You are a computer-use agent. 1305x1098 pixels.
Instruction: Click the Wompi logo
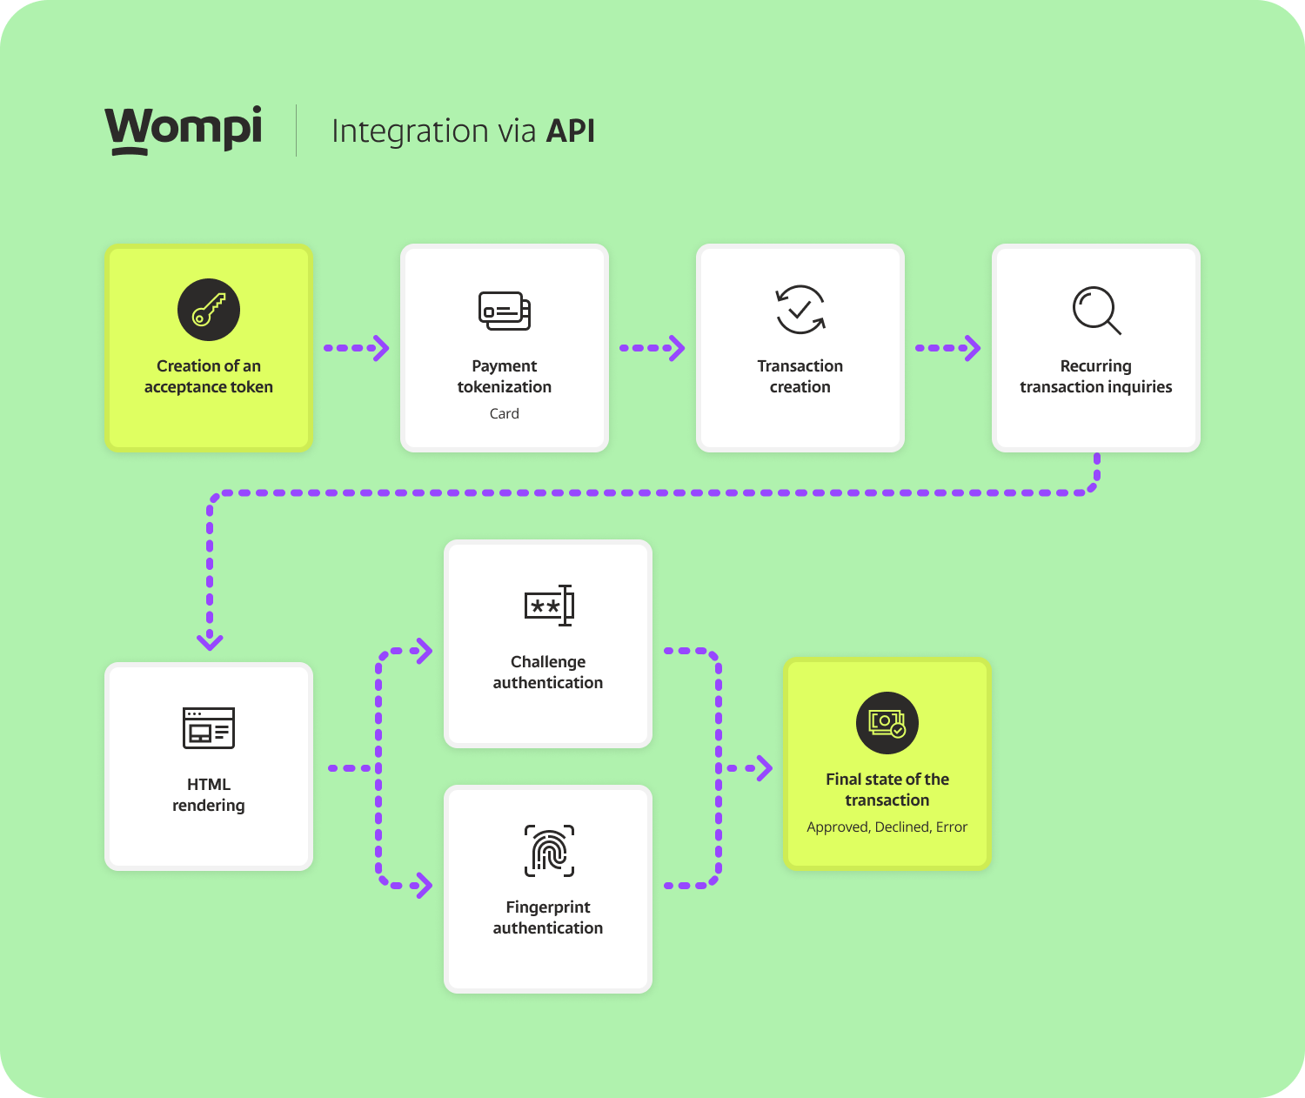[184, 130]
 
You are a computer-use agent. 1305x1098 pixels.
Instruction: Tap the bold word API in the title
[570, 131]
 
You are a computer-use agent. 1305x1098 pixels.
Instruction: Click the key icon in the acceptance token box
[209, 310]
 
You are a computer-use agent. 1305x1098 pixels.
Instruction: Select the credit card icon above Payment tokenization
[505, 311]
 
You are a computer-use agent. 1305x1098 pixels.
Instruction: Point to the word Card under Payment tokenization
[505, 414]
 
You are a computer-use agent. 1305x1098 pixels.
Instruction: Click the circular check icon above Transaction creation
[800, 310]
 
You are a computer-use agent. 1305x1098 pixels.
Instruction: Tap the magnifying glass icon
[1096, 311]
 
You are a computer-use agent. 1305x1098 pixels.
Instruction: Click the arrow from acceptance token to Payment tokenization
[357, 348]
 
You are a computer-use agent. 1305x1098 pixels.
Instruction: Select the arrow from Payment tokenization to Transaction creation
[652, 348]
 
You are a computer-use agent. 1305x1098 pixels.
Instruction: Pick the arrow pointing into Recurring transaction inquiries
[948, 348]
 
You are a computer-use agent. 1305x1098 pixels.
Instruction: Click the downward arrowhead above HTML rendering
[210, 641]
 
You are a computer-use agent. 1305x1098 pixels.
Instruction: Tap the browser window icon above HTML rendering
[209, 728]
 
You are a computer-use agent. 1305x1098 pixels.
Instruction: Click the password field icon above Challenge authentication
[549, 606]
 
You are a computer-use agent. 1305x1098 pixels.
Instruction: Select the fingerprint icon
[549, 850]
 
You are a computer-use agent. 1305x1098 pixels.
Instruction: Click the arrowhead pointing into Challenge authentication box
[424, 650]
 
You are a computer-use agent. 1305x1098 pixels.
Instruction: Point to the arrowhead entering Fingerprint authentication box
[424, 886]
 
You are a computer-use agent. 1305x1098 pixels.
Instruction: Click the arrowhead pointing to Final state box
[763, 768]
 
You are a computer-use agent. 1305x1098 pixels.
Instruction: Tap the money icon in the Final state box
[887, 723]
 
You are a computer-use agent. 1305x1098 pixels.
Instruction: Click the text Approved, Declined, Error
[887, 827]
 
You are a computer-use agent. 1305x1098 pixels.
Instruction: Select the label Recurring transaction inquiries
[1095, 377]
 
